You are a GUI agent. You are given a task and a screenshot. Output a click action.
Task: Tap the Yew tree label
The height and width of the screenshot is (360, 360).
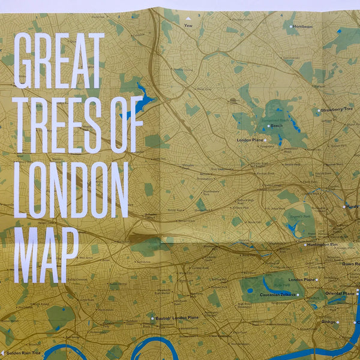pyautogui.click(x=189, y=26)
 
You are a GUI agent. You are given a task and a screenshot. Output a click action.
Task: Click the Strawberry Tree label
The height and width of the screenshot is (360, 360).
pyautogui.click(x=337, y=110)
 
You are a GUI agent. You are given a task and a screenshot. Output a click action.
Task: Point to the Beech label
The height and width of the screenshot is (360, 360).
pyautogui.click(x=277, y=126)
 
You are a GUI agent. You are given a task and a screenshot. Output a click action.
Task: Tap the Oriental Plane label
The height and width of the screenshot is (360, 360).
pyautogui.click(x=340, y=293)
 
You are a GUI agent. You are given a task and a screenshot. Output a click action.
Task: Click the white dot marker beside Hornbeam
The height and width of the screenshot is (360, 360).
pyautogui.click(x=291, y=26)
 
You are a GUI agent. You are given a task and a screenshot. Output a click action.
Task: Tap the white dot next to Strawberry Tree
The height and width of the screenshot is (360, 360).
pyautogui.click(x=319, y=110)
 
